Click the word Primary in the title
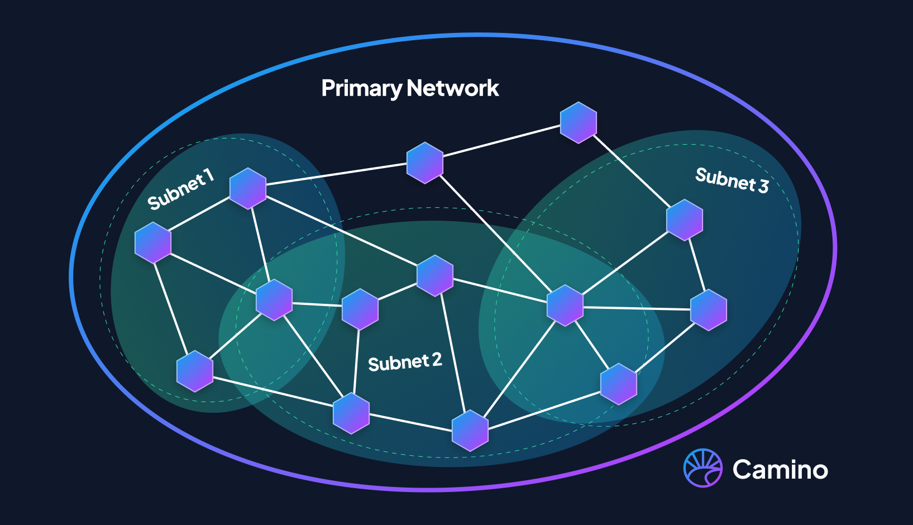click(x=361, y=88)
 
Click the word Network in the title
click(x=453, y=88)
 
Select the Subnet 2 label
click(x=405, y=362)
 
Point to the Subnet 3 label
click(x=732, y=180)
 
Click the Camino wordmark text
click(x=780, y=470)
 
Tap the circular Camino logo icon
click(x=703, y=468)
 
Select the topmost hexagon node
click(x=579, y=122)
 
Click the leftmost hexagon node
click(x=153, y=242)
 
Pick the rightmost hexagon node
click(x=709, y=310)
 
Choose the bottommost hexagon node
click(x=470, y=431)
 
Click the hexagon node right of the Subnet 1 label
click(x=248, y=188)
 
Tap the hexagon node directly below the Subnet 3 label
click(x=685, y=220)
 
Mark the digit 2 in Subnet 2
click(x=437, y=360)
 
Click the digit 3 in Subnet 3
click(x=763, y=185)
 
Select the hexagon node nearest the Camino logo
click(x=619, y=384)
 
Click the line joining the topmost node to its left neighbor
click(x=501, y=142)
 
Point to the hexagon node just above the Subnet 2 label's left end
click(x=360, y=309)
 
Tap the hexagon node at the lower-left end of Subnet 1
click(x=195, y=371)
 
